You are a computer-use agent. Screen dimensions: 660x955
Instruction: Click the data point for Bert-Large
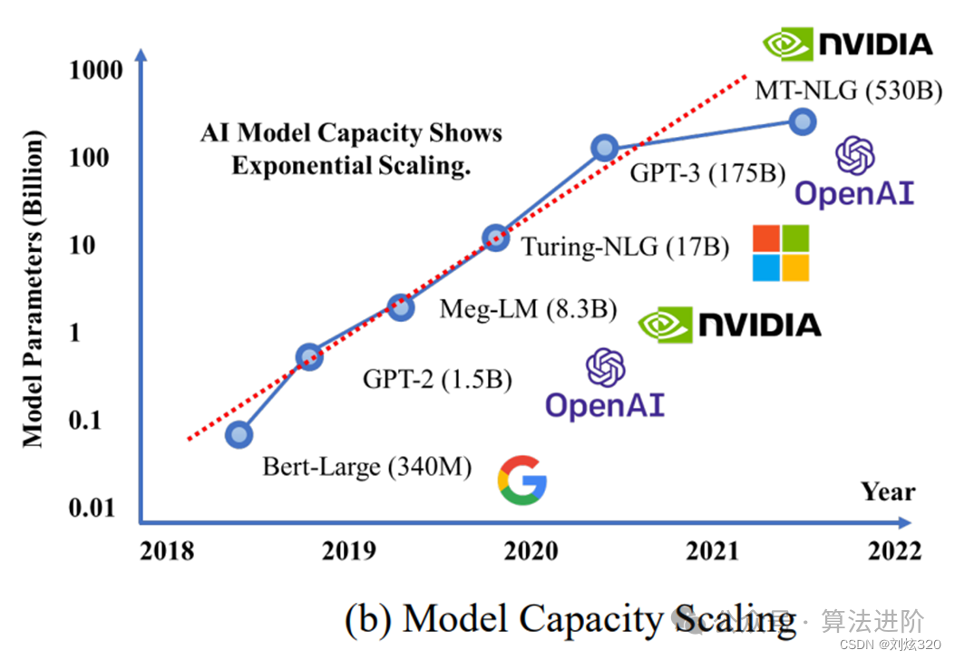239,434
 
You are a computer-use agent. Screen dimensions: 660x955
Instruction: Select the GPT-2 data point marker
309,356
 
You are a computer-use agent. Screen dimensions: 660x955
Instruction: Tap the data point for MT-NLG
802,121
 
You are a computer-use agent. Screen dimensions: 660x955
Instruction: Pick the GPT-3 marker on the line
605,148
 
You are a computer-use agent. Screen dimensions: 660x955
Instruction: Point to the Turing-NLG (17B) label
625,247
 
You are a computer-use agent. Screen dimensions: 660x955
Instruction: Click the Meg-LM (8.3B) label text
529,309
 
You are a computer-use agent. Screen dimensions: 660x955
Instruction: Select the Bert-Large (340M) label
367,468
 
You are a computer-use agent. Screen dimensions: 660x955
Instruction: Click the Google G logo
522,480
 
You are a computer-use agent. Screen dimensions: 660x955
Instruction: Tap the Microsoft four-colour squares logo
781,253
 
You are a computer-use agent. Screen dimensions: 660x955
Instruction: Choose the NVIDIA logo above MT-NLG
848,43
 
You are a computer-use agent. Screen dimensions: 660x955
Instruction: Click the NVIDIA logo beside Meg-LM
730,325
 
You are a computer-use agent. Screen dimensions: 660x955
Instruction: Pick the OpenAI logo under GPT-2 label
605,384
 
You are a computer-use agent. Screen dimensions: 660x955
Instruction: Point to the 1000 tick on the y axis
96,70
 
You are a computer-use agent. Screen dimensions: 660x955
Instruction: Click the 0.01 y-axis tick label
93,508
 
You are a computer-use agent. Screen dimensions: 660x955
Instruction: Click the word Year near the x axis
888,492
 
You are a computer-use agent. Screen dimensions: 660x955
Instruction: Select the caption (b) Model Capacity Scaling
570,619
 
